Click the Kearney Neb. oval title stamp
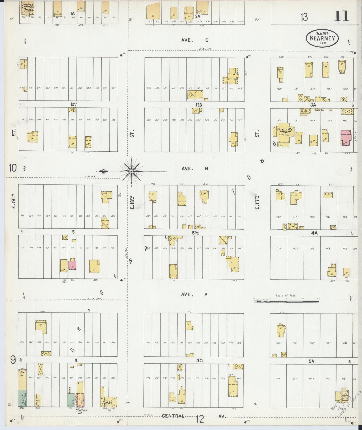click(322, 38)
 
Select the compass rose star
click(131, 171)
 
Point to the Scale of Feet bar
click(286, 301)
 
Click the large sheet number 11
click(341, 16)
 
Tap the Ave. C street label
click(195, 40)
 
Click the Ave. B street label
click(195, 169)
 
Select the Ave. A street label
click(194, 295)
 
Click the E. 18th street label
click(132, 202)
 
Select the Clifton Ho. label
click(81, 411)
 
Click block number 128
click(199, 105)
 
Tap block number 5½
click(195, 233)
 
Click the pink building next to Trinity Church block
click(346, 137)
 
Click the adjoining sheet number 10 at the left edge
click(12, 168)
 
